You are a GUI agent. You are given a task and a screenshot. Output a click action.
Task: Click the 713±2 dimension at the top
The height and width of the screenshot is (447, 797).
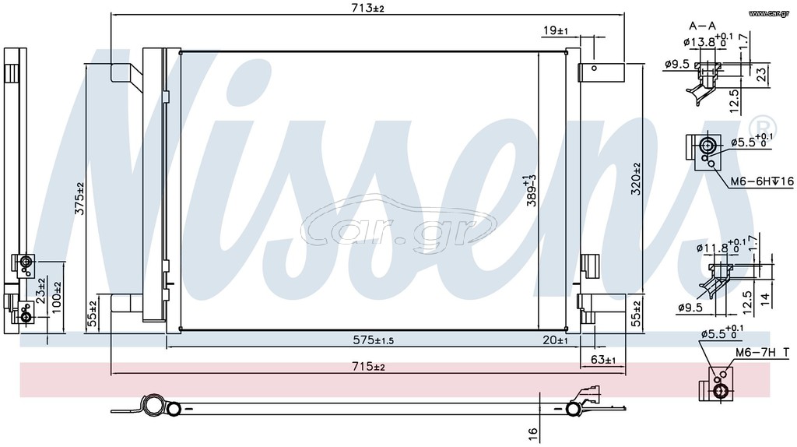coord(368,8)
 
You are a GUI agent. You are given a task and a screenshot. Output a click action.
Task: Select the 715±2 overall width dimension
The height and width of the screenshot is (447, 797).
coord(368,367)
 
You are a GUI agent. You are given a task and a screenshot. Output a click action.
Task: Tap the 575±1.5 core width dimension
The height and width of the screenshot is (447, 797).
coord(373,340)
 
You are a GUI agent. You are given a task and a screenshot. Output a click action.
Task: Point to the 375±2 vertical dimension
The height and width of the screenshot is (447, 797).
coord(80,198)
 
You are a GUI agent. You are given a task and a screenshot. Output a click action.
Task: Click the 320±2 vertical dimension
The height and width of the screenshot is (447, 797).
coord(635,179)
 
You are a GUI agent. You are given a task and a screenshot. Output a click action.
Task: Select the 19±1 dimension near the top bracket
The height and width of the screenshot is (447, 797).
coord(556,31)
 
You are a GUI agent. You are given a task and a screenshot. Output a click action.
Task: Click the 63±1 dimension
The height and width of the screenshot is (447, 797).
coord(603,360)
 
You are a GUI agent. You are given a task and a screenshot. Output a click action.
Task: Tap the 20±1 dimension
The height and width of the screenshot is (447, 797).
coord(556,340)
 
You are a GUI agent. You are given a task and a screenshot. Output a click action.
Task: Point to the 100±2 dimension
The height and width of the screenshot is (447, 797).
coord(56,297)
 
